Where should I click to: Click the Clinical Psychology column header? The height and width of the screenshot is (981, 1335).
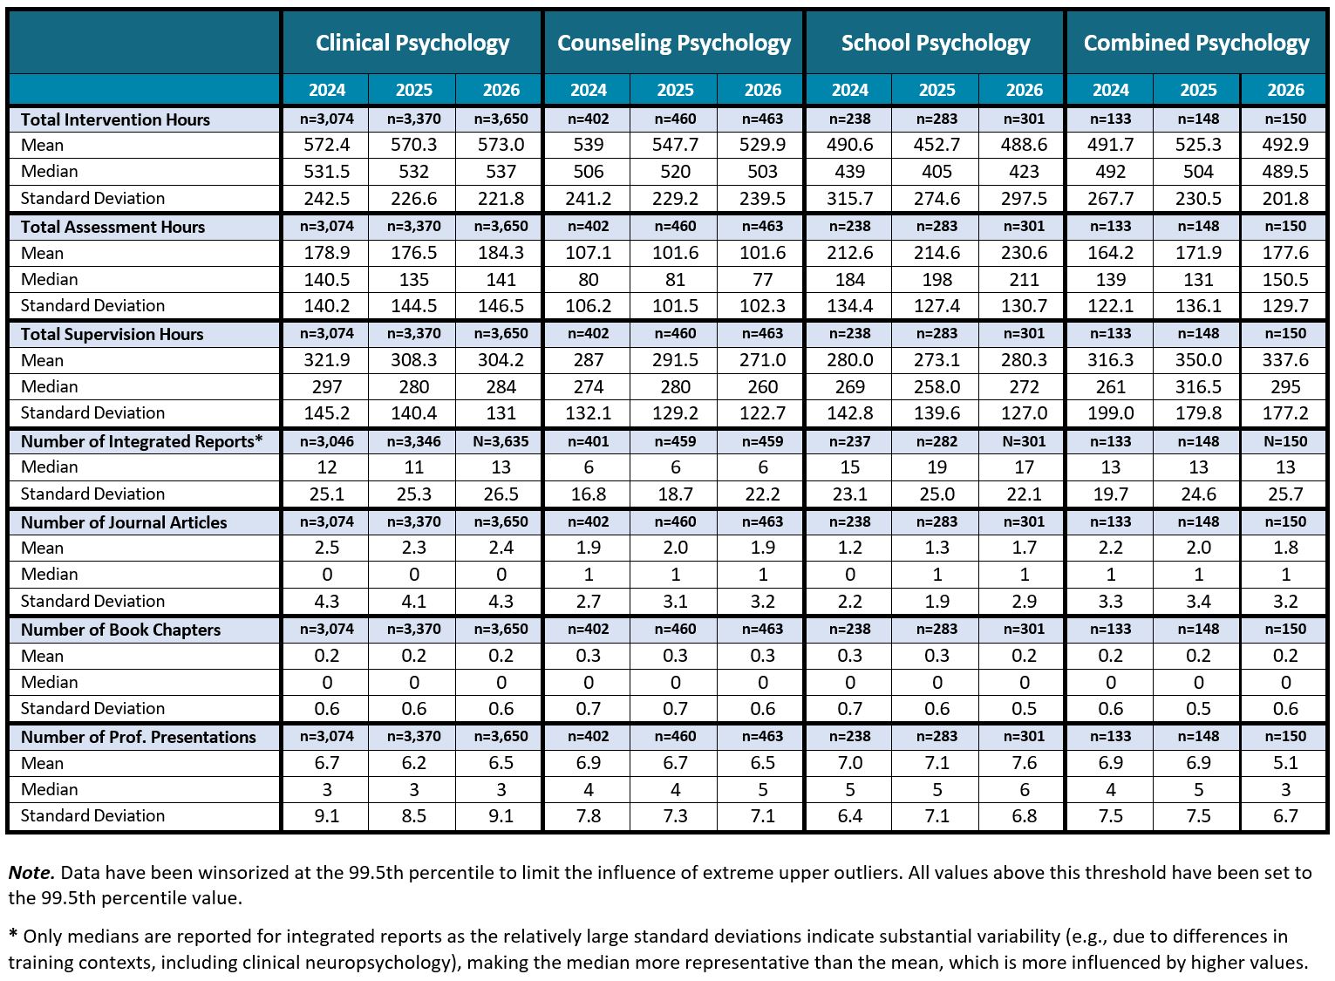(x=412, y=43)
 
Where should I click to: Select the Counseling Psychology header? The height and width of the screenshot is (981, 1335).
(x=674, y=43)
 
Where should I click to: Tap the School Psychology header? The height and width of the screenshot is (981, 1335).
(x=936, y=43)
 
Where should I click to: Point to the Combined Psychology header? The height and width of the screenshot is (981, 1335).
(x=1196, y=43)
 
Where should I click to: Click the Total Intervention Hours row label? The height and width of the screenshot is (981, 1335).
(x=116, y=119)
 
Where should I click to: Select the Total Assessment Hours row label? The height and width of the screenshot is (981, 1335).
(x=112, y=227)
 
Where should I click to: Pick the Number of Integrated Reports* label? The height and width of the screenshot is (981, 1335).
(x=142, y=441)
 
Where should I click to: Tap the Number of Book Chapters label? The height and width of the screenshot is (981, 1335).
(x=120, y=630)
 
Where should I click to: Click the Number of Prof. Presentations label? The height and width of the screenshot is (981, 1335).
(x=139, y=737)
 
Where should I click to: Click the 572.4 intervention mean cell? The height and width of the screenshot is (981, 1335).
(x=327, y=145)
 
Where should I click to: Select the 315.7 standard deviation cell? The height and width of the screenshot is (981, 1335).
(x=850, y=199)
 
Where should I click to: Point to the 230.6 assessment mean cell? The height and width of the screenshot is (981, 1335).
(x=1024, y=253)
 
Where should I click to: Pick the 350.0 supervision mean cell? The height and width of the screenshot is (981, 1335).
(x=1198, y=360)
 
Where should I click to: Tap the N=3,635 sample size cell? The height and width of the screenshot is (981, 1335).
(x=501, y=441)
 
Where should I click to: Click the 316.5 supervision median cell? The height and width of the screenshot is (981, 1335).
(x=1198, y=387)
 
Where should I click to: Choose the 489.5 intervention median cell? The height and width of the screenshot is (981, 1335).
(x=1285, y=172)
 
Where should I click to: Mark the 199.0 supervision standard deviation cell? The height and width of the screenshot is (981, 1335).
(x=1111, y=413)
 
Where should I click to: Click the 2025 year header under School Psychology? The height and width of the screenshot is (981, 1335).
(x=937, y=90)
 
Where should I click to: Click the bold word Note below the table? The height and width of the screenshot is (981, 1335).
(x=31, y=873)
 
